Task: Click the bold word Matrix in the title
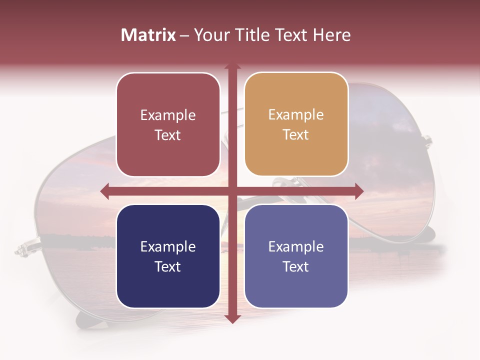click(148, 35)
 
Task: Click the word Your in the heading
click(210, 35)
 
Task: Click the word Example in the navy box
click(168, 247)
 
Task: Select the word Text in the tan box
click(296, 135)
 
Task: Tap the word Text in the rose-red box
click(168, 135)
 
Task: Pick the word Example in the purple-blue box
click(296, 247)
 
